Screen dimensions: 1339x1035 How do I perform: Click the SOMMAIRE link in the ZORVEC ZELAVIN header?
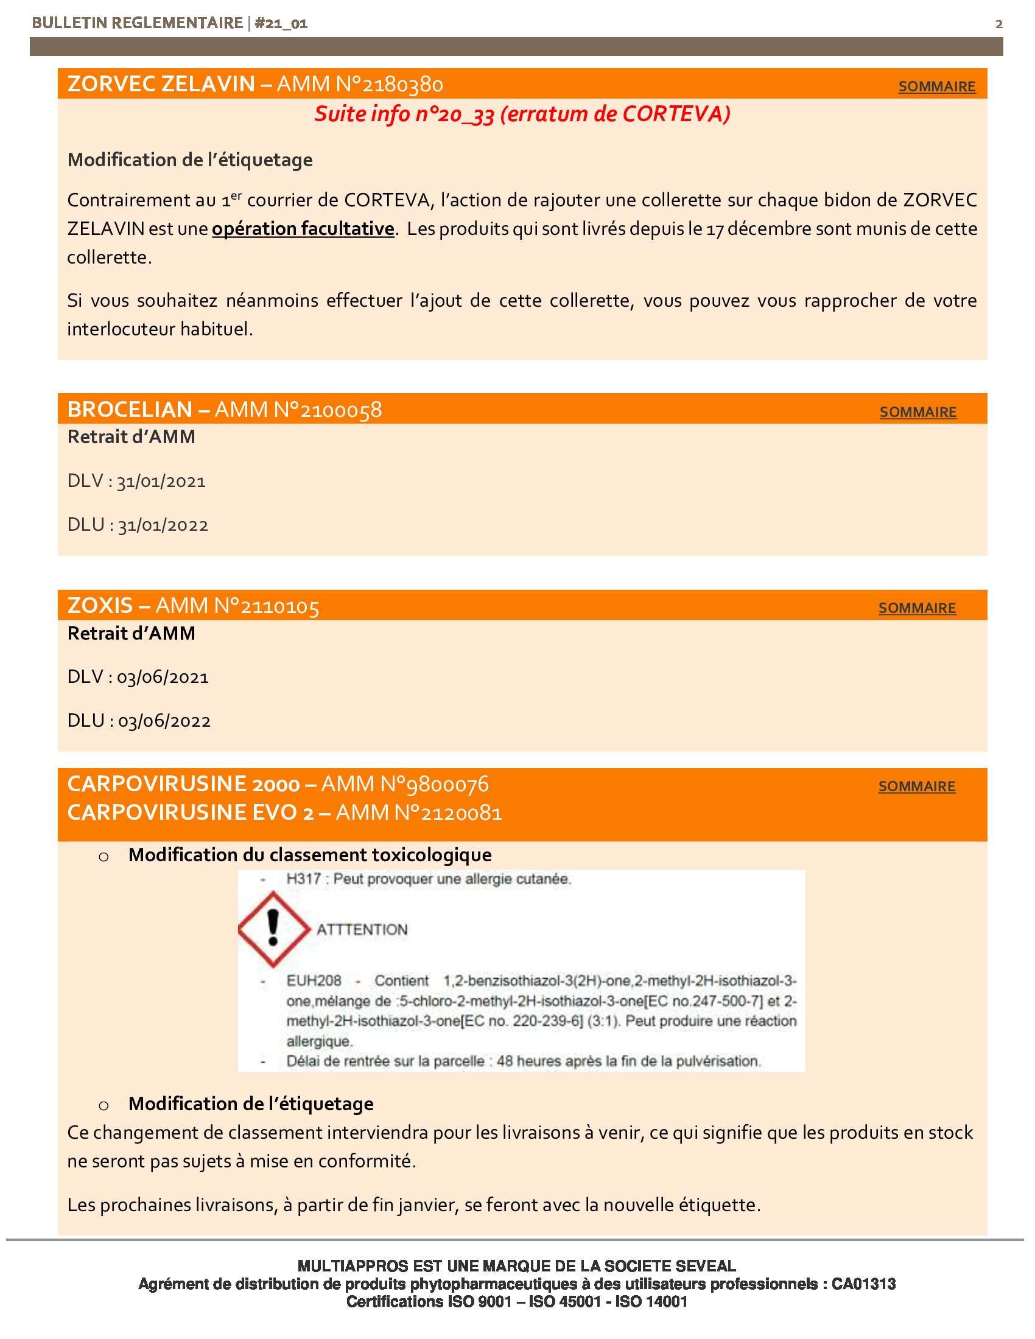(936, 86)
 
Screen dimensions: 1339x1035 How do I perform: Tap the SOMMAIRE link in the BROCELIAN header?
(918, 412)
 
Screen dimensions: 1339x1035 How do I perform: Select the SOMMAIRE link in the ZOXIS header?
(917, 608)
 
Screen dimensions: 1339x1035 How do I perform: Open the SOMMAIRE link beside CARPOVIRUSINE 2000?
(917, 786)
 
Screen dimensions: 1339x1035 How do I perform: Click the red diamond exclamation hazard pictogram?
(273, 929)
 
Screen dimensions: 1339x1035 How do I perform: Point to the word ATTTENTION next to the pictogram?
(362, 930)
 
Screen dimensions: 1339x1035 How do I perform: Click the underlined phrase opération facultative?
(303, 229)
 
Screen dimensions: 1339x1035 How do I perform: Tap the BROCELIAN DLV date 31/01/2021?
(161, 482)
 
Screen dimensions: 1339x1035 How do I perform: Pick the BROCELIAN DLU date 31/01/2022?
(163, 526)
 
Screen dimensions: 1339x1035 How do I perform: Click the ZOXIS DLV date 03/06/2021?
(163, 678)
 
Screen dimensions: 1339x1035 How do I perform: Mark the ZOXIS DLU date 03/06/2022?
(164, 722)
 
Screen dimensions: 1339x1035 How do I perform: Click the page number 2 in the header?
(999, 24)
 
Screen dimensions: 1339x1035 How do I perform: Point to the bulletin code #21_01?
(281, 23)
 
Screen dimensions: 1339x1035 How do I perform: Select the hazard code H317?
(304, 879)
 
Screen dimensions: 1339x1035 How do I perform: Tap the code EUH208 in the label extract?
(314, 981)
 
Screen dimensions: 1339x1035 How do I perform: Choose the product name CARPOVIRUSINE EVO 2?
(190, 813)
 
